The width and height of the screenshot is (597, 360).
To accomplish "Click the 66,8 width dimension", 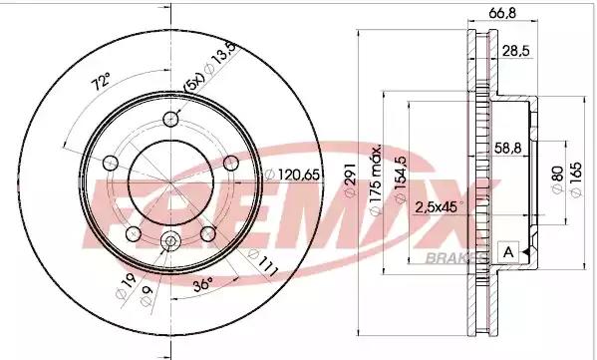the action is pyautogui.click(x=502, y=13).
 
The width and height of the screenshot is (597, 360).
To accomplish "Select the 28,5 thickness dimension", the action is pyautogui.click(x=516, y=51).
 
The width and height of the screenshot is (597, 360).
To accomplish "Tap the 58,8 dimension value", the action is pyautogui.click(x=508, y=148).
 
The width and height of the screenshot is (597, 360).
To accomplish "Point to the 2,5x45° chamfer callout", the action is pyautogui.click(x=439, y=207).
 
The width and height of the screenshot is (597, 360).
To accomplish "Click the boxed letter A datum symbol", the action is pyautogui.click(x=508, y=252).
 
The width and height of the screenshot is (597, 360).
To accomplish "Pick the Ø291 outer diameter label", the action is pyautogui.click(x=350, y=180).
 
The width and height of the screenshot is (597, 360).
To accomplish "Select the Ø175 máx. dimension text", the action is pyautogui.click(x=376, y=180).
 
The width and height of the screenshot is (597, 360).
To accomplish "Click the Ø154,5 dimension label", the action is pyautogui.click(x=401, y=180).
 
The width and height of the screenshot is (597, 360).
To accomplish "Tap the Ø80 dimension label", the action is pyautogui.click(x=557, y=180).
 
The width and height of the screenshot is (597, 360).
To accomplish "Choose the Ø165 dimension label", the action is pyautogui.click(x=576, y=180).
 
